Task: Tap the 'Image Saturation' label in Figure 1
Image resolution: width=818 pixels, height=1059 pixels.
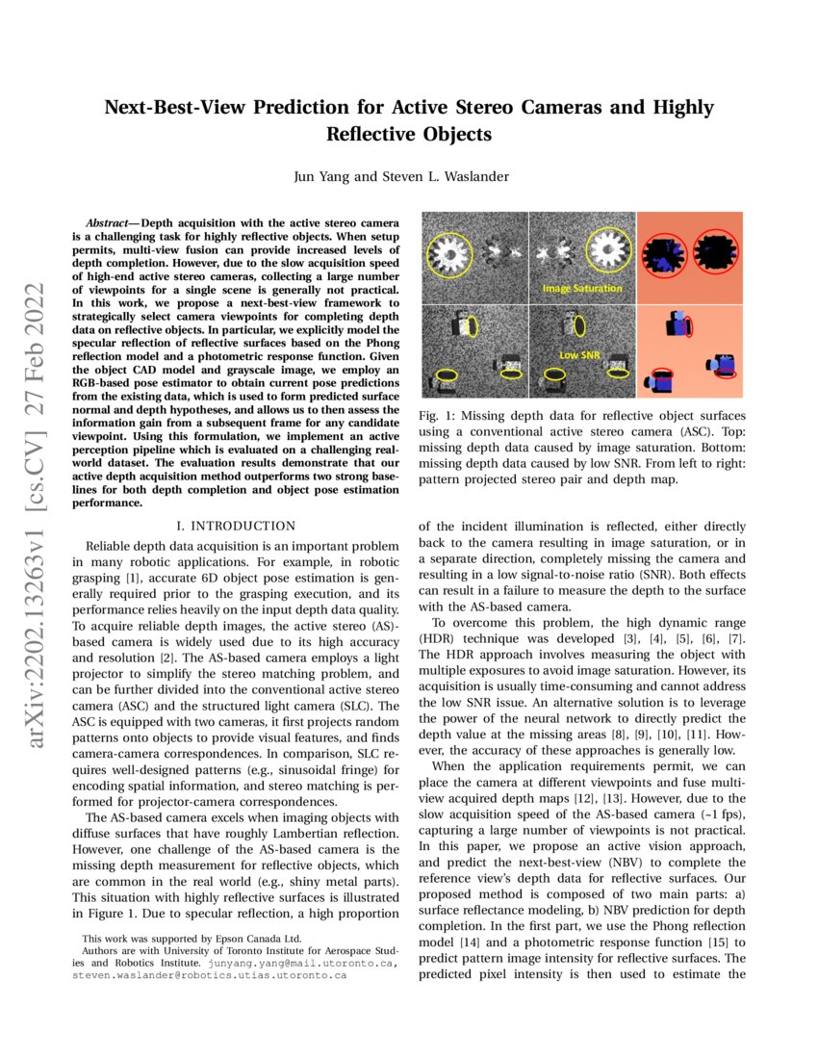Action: click(x=582, y=288)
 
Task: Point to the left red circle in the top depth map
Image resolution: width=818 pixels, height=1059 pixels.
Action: click(x=673, y=252)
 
